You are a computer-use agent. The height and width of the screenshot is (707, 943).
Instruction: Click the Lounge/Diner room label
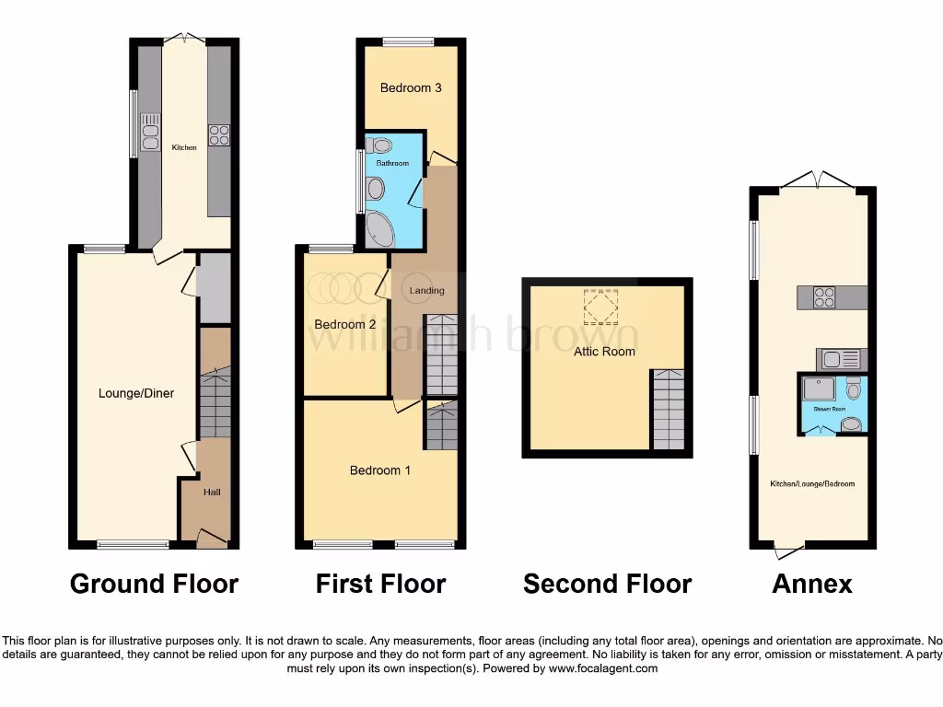(136, 393)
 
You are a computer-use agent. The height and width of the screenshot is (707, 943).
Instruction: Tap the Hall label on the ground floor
(212, 493)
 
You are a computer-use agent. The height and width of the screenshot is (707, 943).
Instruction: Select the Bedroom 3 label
(411, 88)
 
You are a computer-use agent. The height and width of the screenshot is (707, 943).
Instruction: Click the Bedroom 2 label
(345, 324)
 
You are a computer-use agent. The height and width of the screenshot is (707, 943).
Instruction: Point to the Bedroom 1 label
(380, 470)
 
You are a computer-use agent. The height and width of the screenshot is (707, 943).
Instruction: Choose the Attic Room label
(605, 352)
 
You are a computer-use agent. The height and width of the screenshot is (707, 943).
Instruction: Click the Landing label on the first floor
(427, 291)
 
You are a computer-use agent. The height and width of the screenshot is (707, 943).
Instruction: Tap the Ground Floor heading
(154, 584)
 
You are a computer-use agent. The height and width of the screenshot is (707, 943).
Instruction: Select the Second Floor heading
(607, 584)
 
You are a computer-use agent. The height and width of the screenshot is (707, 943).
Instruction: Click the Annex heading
(812, 584)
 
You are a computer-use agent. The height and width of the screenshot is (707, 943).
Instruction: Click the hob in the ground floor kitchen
(219, 135)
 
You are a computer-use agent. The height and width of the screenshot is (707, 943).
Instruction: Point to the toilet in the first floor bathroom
(378, 145)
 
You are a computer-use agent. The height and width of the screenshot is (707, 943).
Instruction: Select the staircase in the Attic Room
(669, 410)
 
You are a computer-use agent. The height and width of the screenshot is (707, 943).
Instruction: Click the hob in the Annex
(823, 297)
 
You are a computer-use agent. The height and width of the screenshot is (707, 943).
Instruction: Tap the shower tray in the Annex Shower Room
(820, 391)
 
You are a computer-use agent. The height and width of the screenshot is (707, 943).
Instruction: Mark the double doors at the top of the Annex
(814, 179)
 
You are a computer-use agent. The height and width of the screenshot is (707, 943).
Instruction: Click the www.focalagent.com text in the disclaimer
(602, 668)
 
